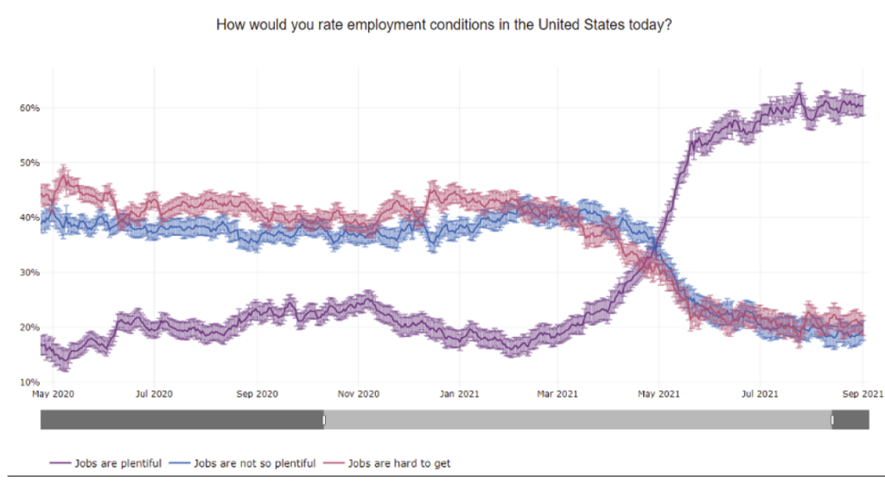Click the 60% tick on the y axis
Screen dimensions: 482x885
(29, 108)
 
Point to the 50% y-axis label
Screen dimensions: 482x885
(29, 162)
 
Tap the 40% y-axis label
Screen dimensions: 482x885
(29, 218)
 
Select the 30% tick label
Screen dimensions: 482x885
(29, 272)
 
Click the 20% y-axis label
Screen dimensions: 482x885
(29, 327)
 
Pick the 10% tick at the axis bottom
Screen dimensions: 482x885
(29, 382)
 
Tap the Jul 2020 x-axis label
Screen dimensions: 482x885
(153, 395)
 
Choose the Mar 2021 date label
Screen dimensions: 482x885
(557, 395)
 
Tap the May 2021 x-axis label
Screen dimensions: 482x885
(659, 395)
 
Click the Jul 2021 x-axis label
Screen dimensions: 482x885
(759, 395)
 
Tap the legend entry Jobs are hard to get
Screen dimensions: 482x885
(398, 464)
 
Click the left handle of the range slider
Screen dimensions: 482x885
(324, 420)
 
